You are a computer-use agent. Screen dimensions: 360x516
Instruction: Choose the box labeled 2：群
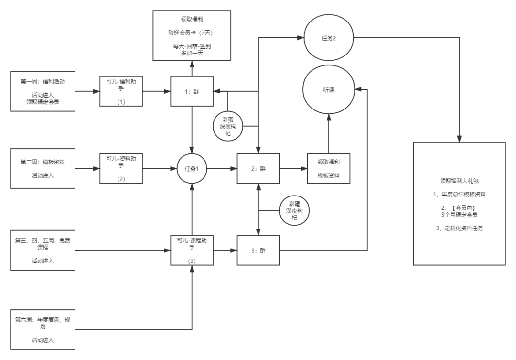tap(258, 168)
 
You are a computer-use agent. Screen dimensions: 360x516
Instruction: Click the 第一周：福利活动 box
tap(43, 91)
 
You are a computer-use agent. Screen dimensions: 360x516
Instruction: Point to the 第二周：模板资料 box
tap(43, 168)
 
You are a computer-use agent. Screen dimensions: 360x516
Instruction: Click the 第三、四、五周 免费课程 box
tap(43, 250)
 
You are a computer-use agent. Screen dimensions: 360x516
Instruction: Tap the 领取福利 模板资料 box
tap(328, 168)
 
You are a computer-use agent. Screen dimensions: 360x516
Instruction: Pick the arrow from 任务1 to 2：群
tap(222, 168)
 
